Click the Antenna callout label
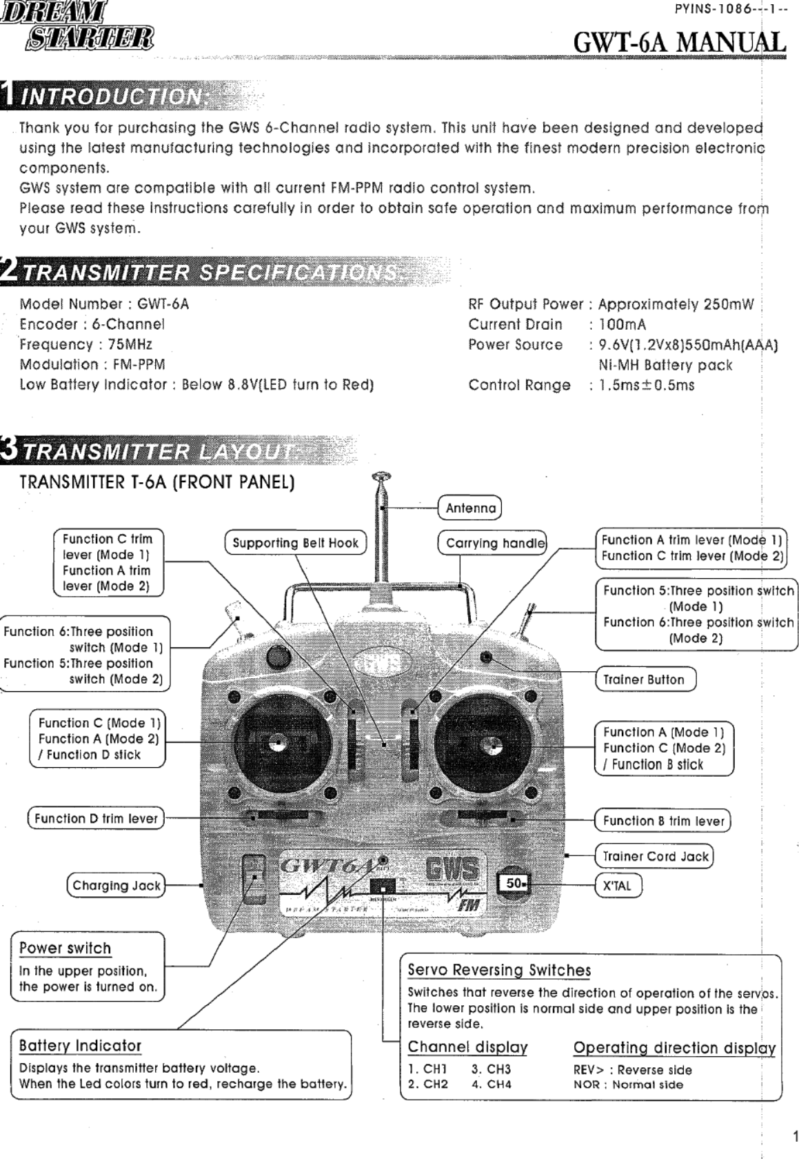click(470, 508)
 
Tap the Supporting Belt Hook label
click(295, 543)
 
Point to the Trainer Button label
click(644, 680)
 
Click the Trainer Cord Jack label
click(655, 856)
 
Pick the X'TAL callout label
click(617, 886)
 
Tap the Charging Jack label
click(116, 886)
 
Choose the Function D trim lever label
click(96, 819)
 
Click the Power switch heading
click(65, 948)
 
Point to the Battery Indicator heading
click(80, 1046)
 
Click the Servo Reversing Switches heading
click(499, 970)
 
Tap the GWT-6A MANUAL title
click(680, 42)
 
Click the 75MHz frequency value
click(125, 344)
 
